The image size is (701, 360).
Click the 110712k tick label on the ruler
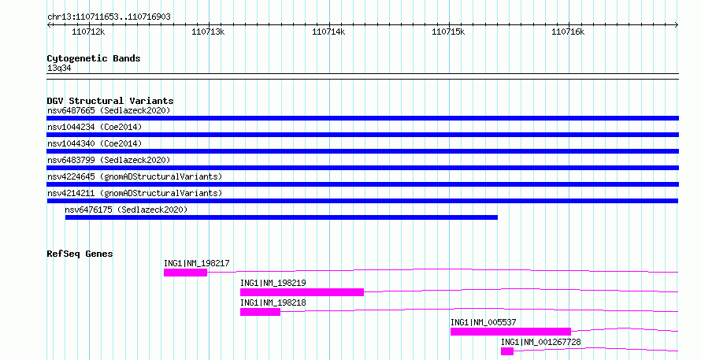88,32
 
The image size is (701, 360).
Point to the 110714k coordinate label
328,32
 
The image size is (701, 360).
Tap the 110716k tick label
568,32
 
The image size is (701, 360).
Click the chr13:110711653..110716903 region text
109,17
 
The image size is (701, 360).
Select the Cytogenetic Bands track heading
94,58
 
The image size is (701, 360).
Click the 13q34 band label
59,68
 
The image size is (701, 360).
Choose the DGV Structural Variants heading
110,101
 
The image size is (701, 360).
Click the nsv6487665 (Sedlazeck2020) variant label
109,110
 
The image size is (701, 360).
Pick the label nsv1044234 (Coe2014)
95,127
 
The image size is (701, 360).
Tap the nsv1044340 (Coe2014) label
95,143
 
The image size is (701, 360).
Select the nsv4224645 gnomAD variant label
135,176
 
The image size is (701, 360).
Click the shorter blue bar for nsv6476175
281,217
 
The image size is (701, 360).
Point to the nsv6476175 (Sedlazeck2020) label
126,210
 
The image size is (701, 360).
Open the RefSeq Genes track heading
80,254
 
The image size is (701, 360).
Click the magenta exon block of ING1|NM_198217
186,273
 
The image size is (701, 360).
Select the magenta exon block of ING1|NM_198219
302,292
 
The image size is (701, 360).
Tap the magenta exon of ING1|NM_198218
260,312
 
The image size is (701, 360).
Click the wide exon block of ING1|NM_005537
510,332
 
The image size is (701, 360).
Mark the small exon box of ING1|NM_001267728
507,351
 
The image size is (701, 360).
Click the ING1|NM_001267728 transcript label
541,342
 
